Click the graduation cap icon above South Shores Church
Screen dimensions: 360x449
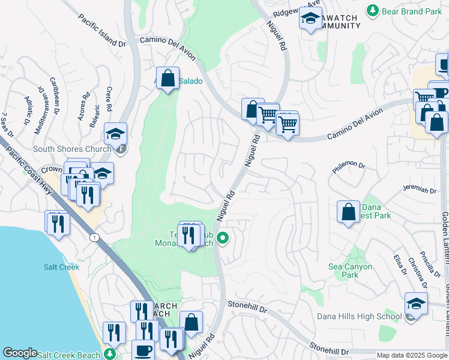coord(116,133)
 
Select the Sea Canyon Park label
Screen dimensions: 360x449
coord(351,271)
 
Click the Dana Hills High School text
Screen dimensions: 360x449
coord(360,316)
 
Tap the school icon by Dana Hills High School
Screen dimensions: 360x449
coord(416,303)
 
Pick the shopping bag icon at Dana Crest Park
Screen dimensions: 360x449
coord(348,212)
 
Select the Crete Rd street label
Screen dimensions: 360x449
coord(109,99)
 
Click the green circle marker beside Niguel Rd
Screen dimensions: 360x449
coord(223,239)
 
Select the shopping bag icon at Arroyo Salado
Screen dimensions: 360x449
coord(168,78)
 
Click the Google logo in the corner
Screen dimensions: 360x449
coord(20,353)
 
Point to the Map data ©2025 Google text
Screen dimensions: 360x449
coord(412,355)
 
